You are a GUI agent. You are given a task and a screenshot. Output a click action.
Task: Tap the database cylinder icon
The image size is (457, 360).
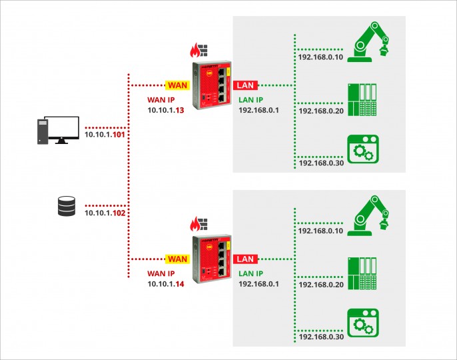coord(67,206)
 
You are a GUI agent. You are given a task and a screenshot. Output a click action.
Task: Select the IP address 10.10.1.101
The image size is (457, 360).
coord(105,135)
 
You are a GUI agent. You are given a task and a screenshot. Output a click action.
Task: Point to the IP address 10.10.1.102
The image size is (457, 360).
coord(105,213)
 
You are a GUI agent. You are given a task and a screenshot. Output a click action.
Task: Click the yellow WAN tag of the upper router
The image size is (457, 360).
coord(177,85)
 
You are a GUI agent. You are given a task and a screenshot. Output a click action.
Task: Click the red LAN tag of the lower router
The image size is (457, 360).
coord(245,259)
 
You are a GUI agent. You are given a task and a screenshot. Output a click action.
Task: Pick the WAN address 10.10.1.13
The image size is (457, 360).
coord(166,110)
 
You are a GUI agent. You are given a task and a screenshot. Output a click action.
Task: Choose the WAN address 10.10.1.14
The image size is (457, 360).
coord(166,284)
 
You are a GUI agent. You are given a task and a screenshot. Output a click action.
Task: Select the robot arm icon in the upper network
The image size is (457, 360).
coord(368,42)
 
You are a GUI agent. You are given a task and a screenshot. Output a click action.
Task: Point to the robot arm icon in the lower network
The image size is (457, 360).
coord(368,215)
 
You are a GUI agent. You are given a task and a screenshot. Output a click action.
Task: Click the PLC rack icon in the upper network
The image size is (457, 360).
coord(362,99)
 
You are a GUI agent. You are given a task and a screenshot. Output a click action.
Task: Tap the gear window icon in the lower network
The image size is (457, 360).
coord(363,323)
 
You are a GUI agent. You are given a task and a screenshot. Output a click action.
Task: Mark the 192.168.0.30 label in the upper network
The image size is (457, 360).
coord(322,163)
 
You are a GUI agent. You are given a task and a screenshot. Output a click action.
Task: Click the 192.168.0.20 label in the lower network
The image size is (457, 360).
coord(321,285)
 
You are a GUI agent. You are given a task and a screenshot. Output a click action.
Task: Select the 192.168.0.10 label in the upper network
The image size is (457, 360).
coord(320,57)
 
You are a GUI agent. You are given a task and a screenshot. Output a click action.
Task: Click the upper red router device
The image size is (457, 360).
coord(212,85)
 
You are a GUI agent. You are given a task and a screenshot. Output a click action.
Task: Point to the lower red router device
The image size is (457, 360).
coord(212,259)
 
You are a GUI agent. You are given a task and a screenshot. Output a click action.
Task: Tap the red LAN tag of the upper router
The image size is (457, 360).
coord(245,85)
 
